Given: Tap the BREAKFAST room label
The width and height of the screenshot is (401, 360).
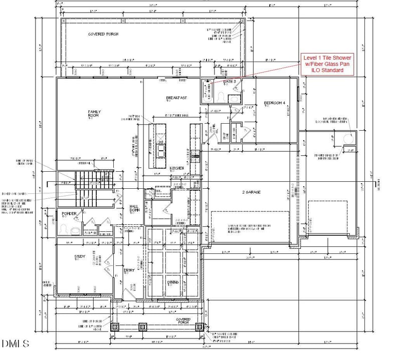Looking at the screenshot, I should pos(176,98).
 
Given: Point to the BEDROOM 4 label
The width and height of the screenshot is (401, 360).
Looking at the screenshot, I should pos(274,103).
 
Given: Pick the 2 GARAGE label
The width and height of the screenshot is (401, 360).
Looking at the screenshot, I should pos(250,192).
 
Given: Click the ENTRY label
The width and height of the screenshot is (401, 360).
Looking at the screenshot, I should pos(129,271).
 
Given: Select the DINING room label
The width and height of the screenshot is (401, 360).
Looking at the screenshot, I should pos(173,282).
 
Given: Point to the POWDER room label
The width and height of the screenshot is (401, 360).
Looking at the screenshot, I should pos(69,214).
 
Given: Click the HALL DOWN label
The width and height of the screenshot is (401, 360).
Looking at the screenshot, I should pos(134,208).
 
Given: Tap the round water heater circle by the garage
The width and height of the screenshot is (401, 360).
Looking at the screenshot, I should pos(348,139).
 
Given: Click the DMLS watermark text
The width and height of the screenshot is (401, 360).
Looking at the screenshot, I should pos(15,344).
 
